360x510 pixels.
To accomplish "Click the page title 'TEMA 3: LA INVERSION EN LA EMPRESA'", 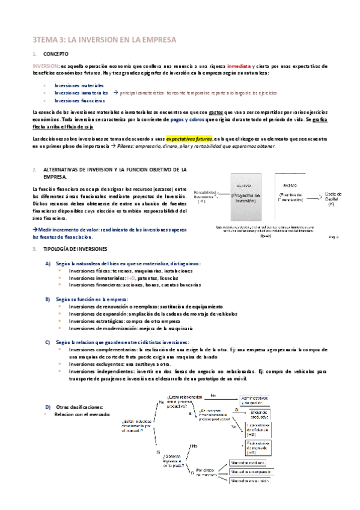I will click(x=104, y=40).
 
